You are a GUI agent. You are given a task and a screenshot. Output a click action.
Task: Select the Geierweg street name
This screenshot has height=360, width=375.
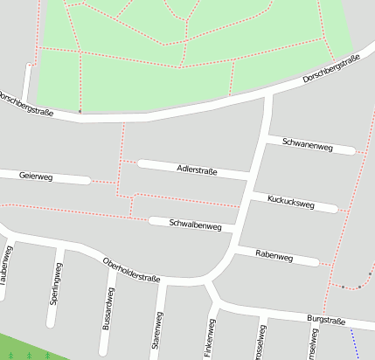(36, 177)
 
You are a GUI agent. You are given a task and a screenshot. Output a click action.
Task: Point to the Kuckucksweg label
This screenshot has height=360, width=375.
(291, 202)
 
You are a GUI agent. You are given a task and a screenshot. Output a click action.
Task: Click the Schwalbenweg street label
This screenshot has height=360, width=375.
(196, 225)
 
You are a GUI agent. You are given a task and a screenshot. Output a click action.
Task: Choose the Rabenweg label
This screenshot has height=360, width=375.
(274, 255)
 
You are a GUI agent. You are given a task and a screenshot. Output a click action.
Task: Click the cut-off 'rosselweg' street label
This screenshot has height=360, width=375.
(261, 342)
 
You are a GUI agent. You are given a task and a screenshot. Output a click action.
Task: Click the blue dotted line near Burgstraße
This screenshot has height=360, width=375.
(355, 341)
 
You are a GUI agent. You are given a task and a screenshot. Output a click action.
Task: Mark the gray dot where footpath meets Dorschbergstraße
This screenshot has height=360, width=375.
(80, 112)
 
